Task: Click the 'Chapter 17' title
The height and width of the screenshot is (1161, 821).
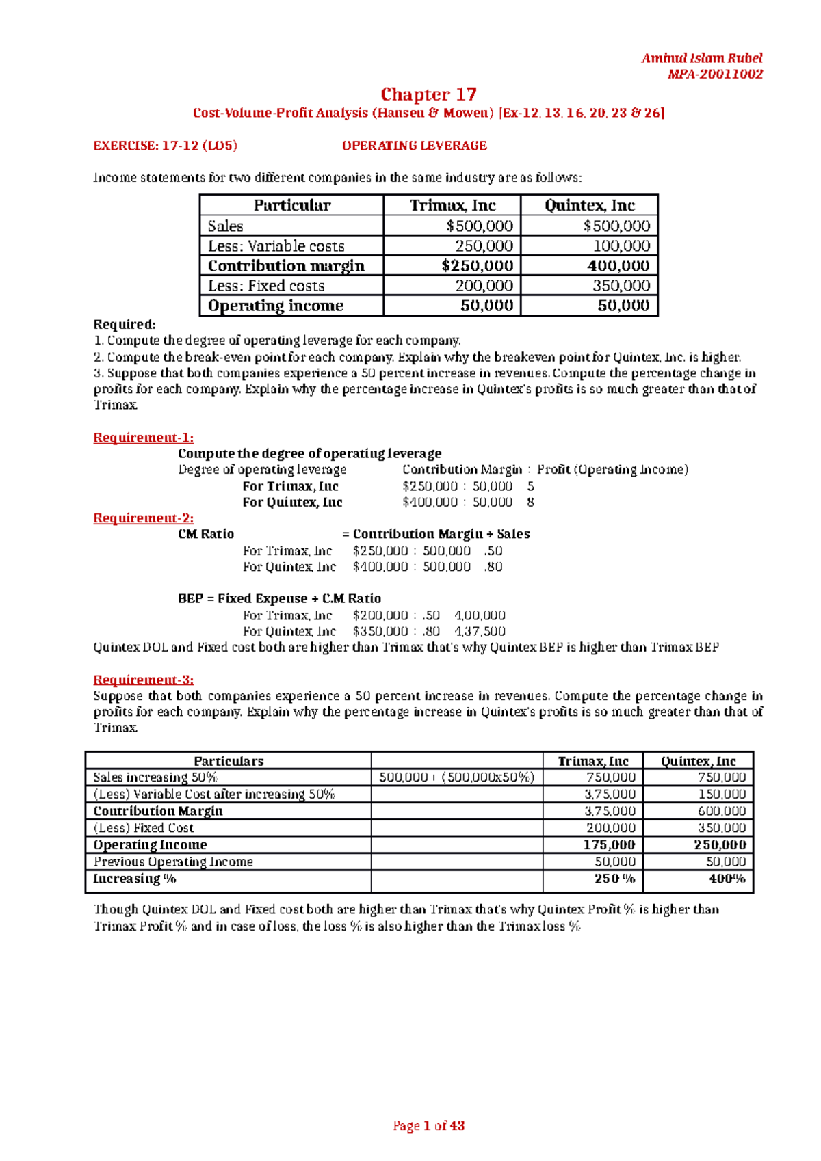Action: [x=428, y=94]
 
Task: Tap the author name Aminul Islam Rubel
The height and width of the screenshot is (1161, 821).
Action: [x=701, y=58]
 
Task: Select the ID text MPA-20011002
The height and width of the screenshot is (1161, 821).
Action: [x=714, y=74]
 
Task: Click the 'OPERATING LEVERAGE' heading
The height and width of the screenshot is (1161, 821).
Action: [x=414, y=146]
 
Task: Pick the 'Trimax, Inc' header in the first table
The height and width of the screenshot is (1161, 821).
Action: [x=452, y=205]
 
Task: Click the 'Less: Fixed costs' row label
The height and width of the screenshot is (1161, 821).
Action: [x=266, y=286]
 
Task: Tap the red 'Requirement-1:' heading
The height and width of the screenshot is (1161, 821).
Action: [x=143, y=438]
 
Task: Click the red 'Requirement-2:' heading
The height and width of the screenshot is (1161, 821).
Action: [x=143, y=518]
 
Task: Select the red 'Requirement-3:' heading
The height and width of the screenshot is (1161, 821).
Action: [x=143, y=680]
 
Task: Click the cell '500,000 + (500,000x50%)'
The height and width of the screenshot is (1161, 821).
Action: [x=456, y=777]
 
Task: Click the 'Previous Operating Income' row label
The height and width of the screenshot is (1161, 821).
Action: [x=173, y=862]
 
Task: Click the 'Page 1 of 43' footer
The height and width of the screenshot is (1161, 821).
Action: [x=428, y=1125]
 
